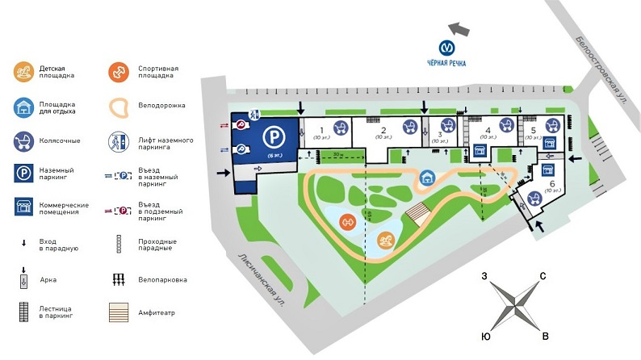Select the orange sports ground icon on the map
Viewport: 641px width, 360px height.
(348, 222)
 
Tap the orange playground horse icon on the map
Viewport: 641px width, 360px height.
(388, 240)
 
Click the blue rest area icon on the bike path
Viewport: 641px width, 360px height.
(425, 177)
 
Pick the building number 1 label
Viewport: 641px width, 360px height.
(320, 129)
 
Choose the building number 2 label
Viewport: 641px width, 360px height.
(383, 129)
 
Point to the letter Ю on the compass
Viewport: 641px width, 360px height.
(485, 335)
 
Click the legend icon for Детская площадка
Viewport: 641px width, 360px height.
(24, 72)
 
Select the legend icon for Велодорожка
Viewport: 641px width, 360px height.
(119, 107)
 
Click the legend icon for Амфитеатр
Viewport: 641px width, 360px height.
(119, 310)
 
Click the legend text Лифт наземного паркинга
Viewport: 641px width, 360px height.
(165, 144)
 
